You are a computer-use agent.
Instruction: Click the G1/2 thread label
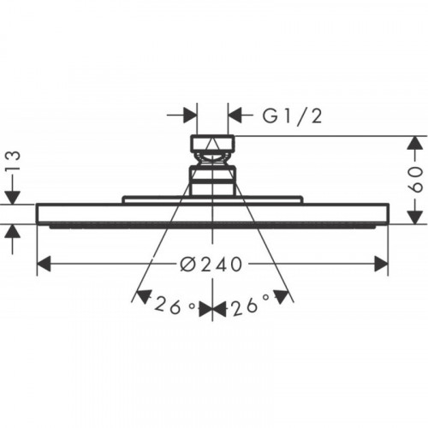point(292,116)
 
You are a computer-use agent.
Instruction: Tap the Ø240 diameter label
point(211,265)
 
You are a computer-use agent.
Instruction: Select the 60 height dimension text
point(415,180)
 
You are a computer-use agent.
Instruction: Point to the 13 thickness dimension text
point(14,161)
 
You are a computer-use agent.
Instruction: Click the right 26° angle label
point(251,306)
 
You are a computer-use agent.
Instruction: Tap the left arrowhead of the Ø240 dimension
point(45,264)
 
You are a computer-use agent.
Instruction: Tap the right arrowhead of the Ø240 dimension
point(381,264)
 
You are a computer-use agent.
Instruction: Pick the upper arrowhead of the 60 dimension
point(415,143)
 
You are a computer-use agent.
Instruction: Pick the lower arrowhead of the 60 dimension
point(415,217)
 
